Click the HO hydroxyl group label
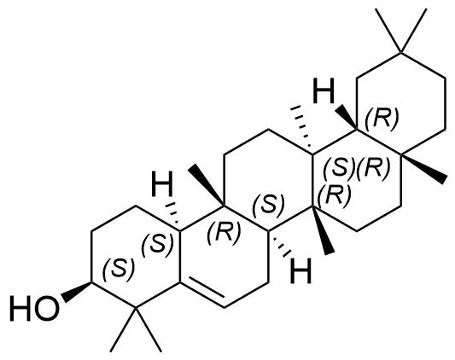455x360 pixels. [x=35, y=308]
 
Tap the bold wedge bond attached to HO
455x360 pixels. [x=76, y=292]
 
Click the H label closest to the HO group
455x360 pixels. [x=163, y=184]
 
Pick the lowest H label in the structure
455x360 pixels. [x=301, y=270]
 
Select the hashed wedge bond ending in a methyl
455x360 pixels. [x=304, y=130]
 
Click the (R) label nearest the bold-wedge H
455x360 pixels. [x=382, y=119]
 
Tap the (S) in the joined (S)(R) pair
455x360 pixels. [x=339, y=167]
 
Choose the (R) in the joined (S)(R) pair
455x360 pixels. [x=372, y=167]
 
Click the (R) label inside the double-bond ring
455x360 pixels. [x=224, y=231]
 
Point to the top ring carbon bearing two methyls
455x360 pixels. [x=401, y=53]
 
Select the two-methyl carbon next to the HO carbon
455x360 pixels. [x=135, y=307]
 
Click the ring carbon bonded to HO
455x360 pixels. [x=91, y=282]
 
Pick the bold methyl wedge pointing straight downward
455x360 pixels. [x=321, y=230]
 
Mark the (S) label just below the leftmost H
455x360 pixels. [x=157, y=243]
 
